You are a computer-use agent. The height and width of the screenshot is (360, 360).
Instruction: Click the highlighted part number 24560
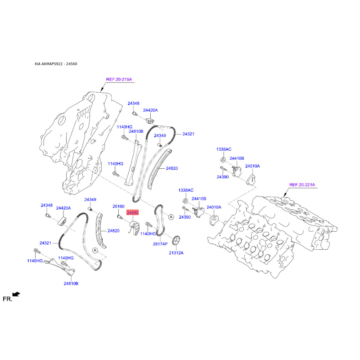click(133, 213)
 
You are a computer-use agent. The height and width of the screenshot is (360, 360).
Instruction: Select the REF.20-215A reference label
click(119, 80)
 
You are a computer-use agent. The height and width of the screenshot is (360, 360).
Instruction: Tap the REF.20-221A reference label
click(302, 184)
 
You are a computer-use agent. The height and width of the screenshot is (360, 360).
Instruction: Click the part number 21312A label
click(176, 253)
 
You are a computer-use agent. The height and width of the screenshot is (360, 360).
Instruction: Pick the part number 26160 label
click(118, 207)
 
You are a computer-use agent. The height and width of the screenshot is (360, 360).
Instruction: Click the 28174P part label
click(160, 244)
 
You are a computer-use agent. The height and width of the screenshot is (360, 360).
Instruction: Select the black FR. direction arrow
click(16, 294)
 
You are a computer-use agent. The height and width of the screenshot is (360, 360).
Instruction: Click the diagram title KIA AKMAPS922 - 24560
click(56, 64)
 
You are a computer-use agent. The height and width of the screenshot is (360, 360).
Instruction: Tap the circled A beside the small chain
click(171, 217)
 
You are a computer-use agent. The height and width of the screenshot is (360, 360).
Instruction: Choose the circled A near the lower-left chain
click(95, 250)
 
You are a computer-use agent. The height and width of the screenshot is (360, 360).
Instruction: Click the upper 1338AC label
click(224, 149)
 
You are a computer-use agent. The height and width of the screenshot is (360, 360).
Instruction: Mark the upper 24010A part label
click(252, 166)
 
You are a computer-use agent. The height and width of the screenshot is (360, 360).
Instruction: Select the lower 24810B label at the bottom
click(71, 283)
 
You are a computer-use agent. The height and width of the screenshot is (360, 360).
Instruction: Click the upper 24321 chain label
click(188, 134)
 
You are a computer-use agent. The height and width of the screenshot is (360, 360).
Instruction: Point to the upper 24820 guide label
click(172, 168)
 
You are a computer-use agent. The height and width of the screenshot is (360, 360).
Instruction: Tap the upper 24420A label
click(150, 110)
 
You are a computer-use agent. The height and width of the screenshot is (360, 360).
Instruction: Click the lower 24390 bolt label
click(185, 217)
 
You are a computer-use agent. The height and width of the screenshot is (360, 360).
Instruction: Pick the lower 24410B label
click(199, 198)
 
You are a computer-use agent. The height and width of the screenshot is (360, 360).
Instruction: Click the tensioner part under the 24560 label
click(134, 228)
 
